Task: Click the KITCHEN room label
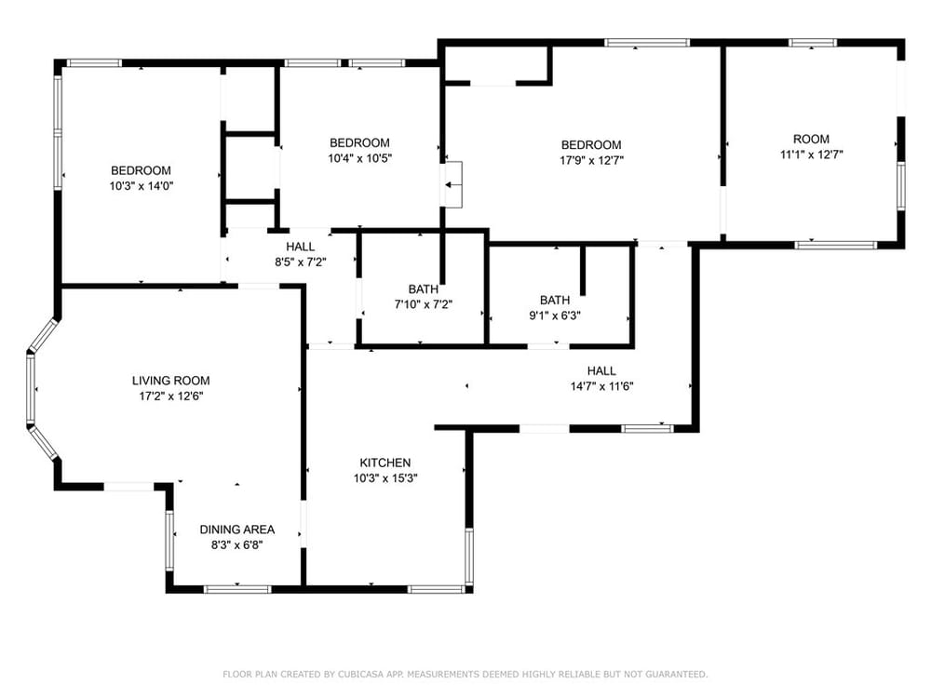pyautogui.click(x=385, y=463)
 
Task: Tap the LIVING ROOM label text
pyautogui.click(x=170, y=381)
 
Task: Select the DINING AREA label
pyautogui.click(x=236, y=530)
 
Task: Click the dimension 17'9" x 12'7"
pyautogui.click(x=591, y=160)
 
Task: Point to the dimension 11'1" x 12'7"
pyautogui.click(x=811, y=154)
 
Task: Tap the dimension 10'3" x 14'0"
pyautogui.click(x=141, y=186)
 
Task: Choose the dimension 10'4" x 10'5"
pyautogui.click(x=359, y=158)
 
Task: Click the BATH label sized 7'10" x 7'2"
pyautogui.click(x=424, y=289)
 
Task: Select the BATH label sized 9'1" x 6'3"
pyautogui.click(x=555, y=301)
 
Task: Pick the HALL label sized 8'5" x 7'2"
pyautogui.click(x=301, y=247)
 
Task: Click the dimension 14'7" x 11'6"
pyautogui.click(x=601, y=386)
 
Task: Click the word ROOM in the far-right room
pyautogui.click(x=811, y=139)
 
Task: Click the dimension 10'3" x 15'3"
pyautogui.click(x=385, y=478)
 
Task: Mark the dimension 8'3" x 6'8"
pyautogui.click(x=236, y=544)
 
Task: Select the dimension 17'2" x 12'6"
pyautogui.click(x=171, y=396)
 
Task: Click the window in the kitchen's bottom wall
pyautogui.click(x=437, y=589)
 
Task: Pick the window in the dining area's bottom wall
pyautogui.click(x=236, y=589)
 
